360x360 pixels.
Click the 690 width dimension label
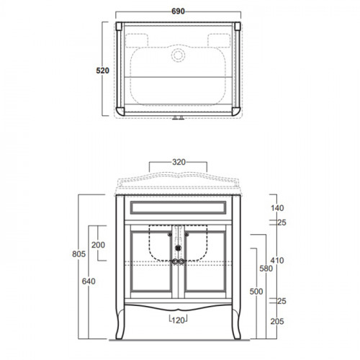coord(178,12)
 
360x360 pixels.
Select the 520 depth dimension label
coord(102,71)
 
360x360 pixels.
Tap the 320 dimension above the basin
coord(179,162)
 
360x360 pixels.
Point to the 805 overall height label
coord(78,254)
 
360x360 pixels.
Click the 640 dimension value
coord(89,282)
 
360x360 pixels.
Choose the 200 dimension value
coord(98,245)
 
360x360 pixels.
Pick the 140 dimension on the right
coord(277,208)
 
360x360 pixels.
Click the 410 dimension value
coord(277,261)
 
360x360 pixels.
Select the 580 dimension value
coord(266,269)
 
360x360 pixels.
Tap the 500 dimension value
coord(256,292)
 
